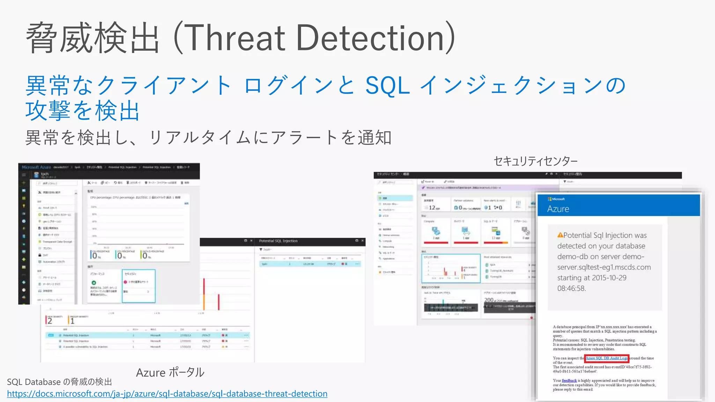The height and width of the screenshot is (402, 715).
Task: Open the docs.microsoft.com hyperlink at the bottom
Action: [x=167, y=394]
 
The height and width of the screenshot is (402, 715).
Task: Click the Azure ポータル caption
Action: [x=170, y=372]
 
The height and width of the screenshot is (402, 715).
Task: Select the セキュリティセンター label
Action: [x=535, y=161]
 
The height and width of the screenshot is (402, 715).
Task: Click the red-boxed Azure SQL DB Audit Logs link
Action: [x=606, y=358]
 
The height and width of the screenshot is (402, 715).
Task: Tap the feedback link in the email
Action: [x=569, y=380]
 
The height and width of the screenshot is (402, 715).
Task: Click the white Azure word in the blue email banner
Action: [x=558, y=209]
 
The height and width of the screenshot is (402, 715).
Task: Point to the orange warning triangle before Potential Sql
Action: [x=560, y=235]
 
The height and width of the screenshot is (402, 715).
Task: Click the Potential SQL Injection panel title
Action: [x=278, y=241]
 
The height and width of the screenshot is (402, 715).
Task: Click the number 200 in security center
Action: [x=489, y=300]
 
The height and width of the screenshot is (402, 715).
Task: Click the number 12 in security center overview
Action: [x=432, y=208]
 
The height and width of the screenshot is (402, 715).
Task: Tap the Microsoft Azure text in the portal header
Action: [x=36, y=167]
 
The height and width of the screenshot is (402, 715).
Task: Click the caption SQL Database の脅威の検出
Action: [x=59, y=382]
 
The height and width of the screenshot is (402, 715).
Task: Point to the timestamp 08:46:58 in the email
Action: [x=571, y=288]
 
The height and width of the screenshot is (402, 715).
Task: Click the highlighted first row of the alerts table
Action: [x=147, y=335]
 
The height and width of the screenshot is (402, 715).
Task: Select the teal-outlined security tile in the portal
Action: [x=139, y=286]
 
